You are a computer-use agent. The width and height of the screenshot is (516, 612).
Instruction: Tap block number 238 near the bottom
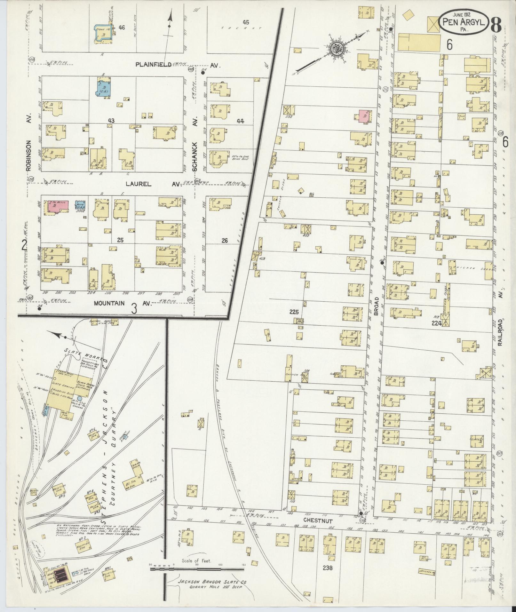click(328, 568)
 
